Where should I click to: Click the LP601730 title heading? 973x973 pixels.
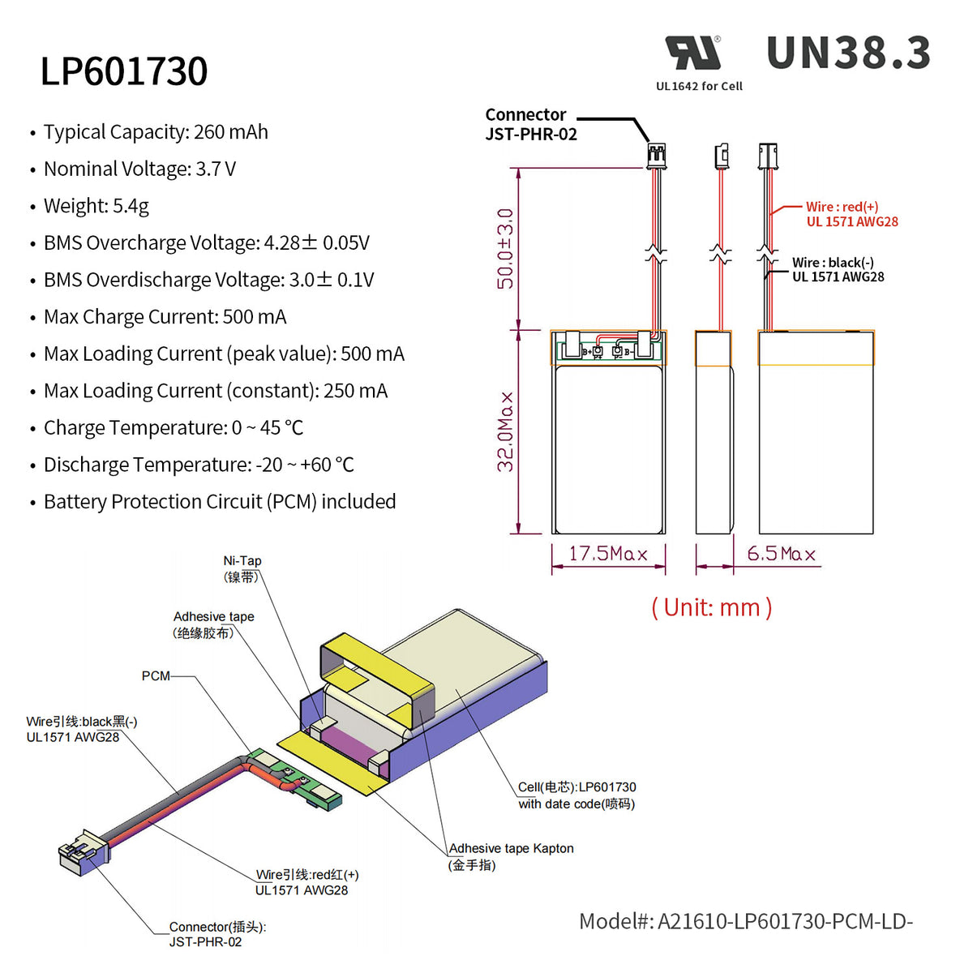(x=124, y=71)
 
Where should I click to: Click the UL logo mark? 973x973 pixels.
(x=692, y=54)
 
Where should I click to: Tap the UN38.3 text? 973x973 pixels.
(x=848, y=54)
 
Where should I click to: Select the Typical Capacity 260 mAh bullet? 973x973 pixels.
(x=156, y=132)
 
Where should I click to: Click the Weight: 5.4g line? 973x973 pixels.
(x=96, y=206)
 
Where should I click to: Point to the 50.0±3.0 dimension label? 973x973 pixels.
(x=505, y=248)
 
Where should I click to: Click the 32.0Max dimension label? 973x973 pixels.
(x=506, y=431)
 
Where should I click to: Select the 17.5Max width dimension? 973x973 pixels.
(x=608, y=554)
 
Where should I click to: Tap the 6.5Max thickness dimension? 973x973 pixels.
(x=781, y=554)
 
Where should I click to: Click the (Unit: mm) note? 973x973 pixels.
(x=712, y=607)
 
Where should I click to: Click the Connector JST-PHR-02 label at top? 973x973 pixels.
(x=530, y=124)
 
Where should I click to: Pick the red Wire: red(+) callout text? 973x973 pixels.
(x=851, y=214)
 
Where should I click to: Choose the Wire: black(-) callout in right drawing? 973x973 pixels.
(x=838, y=269)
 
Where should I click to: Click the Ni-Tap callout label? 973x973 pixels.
(x=242, y=568)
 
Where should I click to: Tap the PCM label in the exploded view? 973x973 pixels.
(x=156, y=675)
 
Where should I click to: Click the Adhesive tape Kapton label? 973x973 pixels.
(x=511, y=855)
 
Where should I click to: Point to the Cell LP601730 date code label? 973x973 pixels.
(x=577, y=795)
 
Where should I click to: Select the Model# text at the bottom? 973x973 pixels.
(x=745, y=921)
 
